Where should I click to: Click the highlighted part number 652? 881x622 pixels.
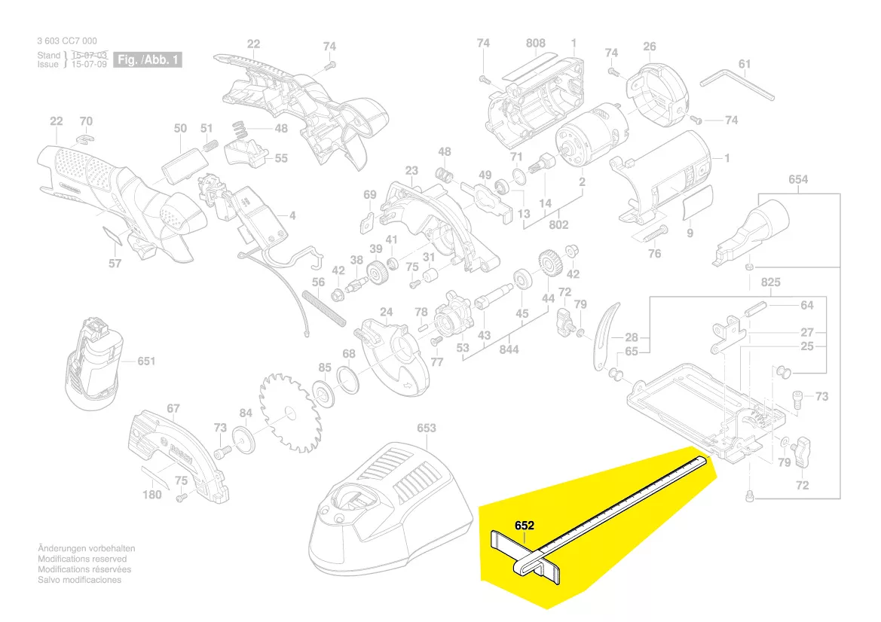click(525, 526)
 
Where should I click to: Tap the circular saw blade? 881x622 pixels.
click(289, 413)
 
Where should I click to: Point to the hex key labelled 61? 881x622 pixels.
click(737, 84)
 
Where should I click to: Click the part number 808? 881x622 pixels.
click(535, 44)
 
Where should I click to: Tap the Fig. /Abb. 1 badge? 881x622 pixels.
click(148, 59)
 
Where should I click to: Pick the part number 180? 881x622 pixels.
click(152, 494)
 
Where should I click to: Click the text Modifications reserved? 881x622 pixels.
click(82, 559)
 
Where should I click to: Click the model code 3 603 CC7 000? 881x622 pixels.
click(66, 41)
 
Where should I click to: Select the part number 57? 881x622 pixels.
click(115, 264)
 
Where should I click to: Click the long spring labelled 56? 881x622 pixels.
click(324, 309)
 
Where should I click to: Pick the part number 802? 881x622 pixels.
click(558, 224)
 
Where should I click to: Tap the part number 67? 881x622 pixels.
click(173, 409)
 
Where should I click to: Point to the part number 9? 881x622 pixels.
click(690, 233)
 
